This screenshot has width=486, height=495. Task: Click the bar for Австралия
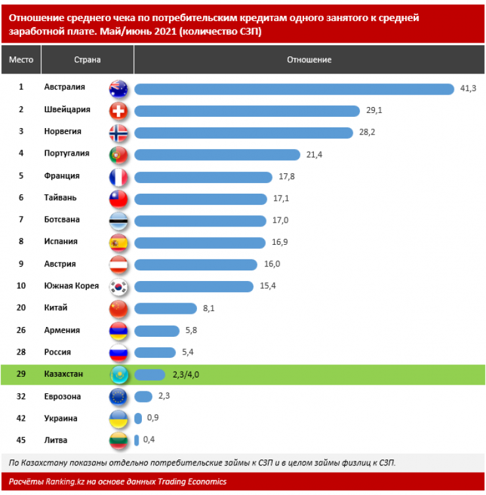294,88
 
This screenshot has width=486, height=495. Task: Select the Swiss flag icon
118,110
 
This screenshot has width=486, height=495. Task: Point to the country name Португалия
66,154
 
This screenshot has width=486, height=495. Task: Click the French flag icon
118,177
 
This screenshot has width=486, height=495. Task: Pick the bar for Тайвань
201,198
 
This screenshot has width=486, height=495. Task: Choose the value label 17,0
279,220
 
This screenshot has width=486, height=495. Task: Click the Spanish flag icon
118,242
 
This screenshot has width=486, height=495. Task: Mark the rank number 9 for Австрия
21,264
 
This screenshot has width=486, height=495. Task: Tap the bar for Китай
166,308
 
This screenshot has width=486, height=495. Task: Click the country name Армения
62,330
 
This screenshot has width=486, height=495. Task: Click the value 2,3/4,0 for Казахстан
186,374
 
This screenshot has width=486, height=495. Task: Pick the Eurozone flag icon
118,397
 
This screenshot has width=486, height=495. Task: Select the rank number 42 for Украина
21,418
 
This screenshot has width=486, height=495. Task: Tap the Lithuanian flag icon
118,441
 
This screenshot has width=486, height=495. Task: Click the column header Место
21,60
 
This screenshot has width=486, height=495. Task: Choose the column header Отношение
309,60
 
